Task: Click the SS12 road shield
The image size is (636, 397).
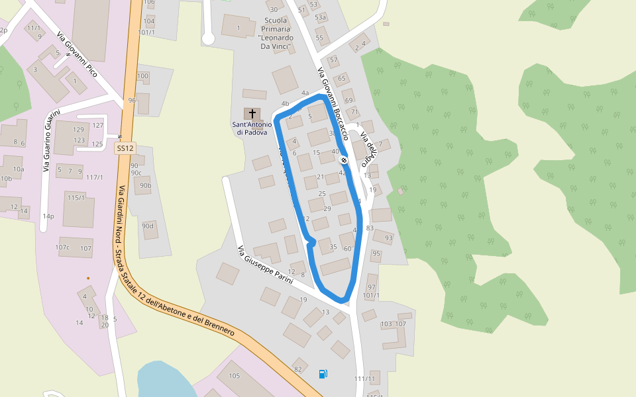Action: (x=125, y=149)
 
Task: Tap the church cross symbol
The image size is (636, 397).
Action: (x=252, y=114)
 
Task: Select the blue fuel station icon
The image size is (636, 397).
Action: (x=323, y=374)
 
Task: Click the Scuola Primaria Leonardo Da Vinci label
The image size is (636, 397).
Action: (x=276, y=33)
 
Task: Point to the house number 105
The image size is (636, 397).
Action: (x=234, y=376)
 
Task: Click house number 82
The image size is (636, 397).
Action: (x=298, y=369)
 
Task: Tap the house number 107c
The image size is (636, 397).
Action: (x=62, y=248)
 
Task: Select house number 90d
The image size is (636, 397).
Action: (x=148, y=226)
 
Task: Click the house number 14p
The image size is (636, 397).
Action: (x=48, y=216)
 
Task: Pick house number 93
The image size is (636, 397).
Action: (x=388, y=238)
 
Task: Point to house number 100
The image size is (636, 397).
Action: (x=142, y=76)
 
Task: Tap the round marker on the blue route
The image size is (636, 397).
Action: (x=344, y=160)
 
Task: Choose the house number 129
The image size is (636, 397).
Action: (x=79, y=130)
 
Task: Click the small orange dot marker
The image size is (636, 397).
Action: (x=88, y=278)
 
